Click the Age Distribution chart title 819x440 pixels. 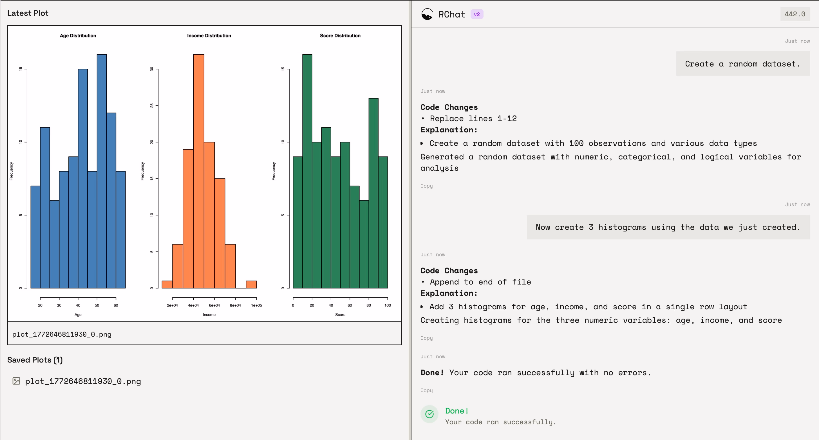pos(78,35)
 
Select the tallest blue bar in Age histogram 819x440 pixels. pos(102,171)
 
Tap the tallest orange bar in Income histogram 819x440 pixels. pos(199,171)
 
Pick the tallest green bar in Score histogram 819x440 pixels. pos(307,171)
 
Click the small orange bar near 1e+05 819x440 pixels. pos(251,285)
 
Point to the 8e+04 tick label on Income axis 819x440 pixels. pos(235,305)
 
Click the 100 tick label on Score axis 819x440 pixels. pos(388,305)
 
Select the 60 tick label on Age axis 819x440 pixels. pos(116,305)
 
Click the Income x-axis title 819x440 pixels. pos(209,315)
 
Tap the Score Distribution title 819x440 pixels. pos(340,35)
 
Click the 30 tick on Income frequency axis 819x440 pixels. pos(152,69)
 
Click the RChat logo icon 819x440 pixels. pos(427,14)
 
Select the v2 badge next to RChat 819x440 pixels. pos(477,14)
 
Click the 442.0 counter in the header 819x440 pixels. pos(795,14)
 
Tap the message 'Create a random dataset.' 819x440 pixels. pos(743,64)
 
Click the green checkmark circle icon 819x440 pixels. pos(429,414)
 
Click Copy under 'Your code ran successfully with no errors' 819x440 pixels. pos(426,390)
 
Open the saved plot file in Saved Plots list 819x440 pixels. pos(83,381)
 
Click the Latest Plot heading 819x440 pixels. pos(28,13)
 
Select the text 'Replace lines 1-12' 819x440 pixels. pos(473,119)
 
